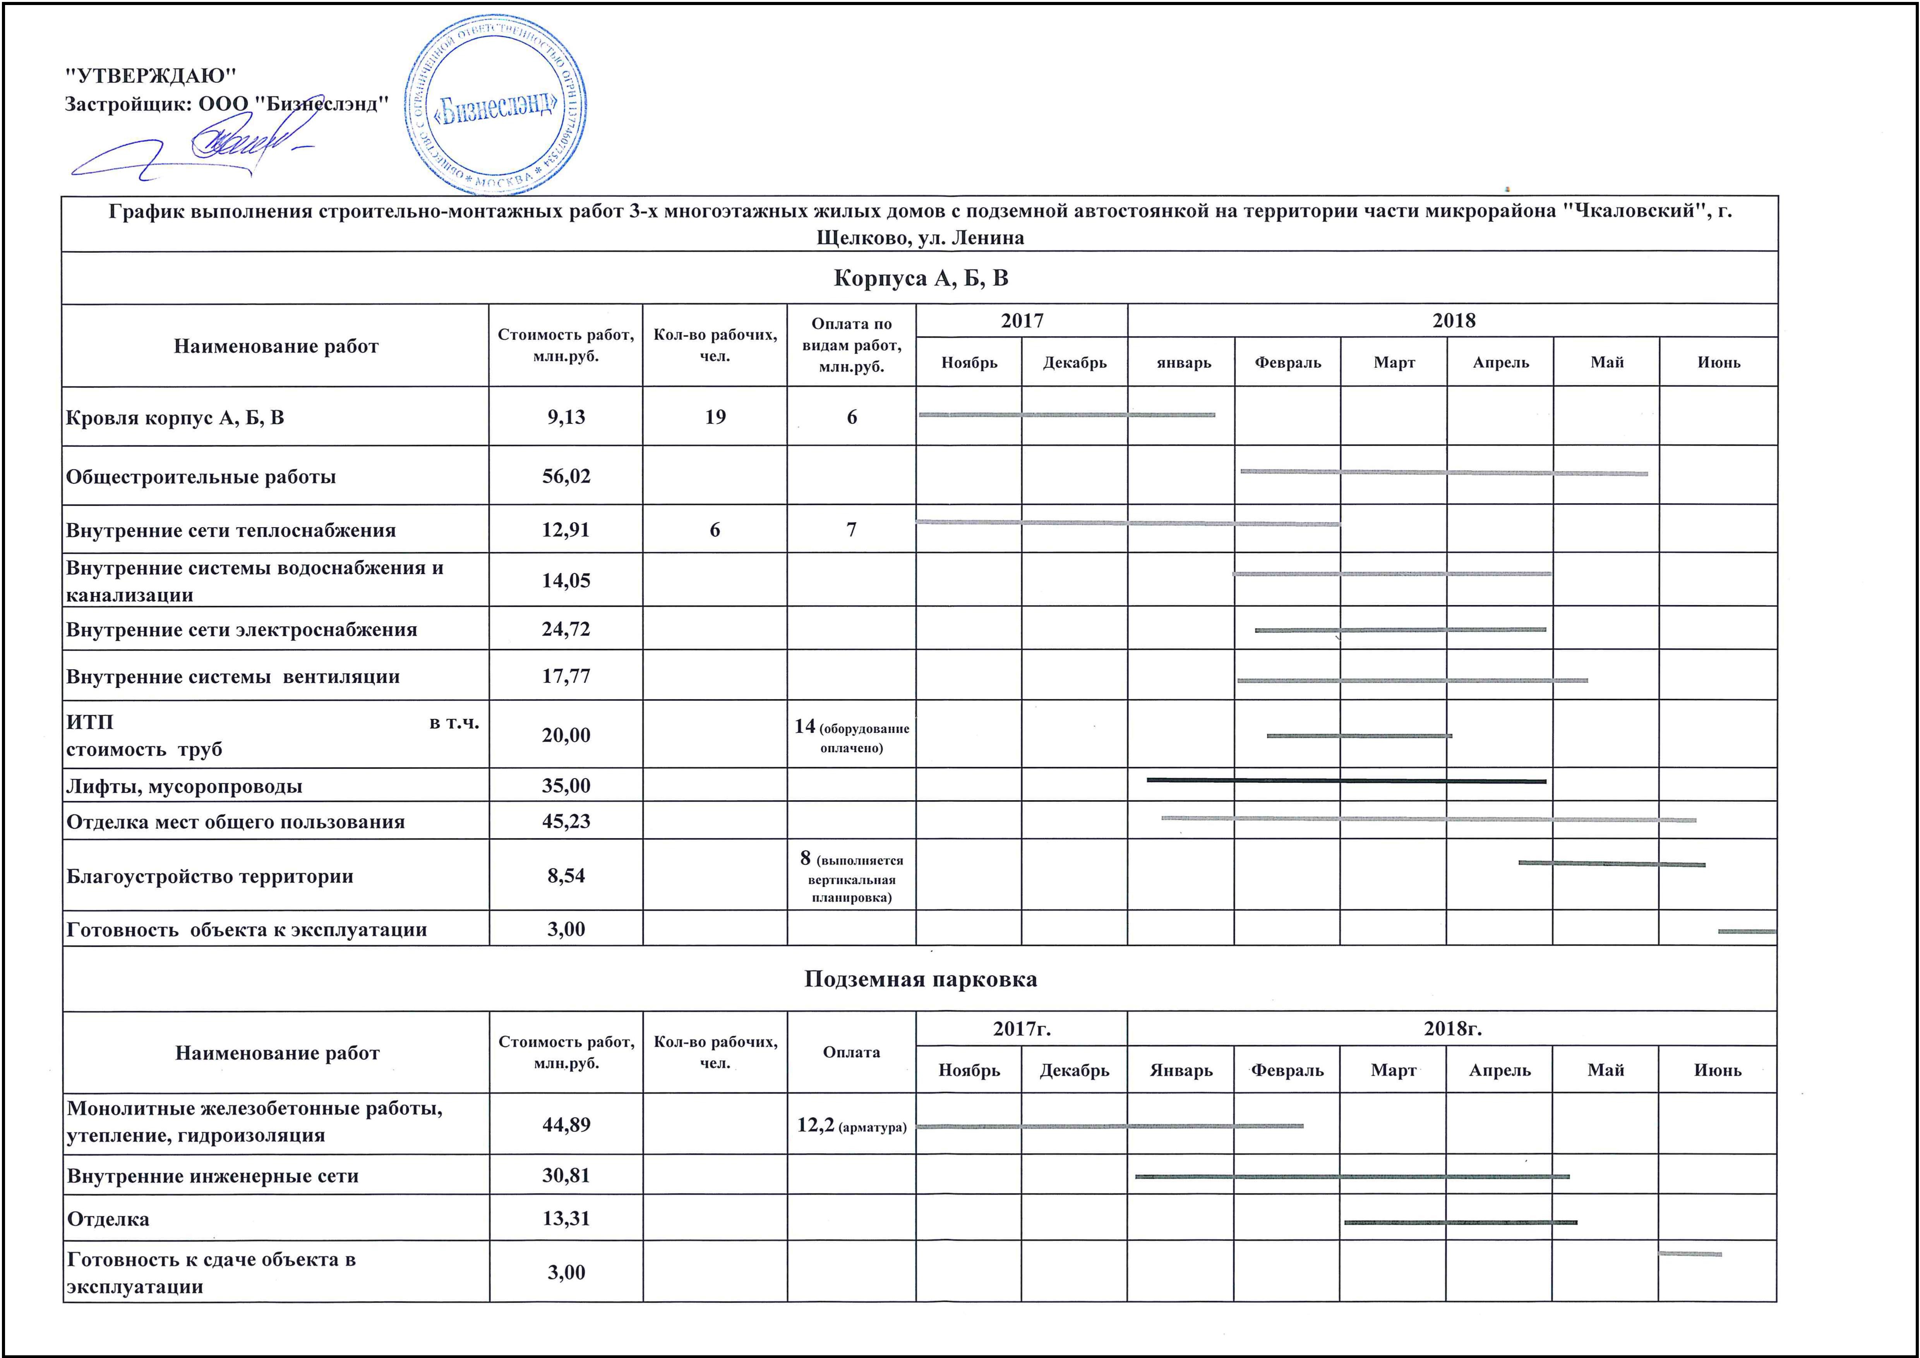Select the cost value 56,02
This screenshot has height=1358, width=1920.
[566, 477]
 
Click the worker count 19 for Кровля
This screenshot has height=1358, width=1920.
[715, 417]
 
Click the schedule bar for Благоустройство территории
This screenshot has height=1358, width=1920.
[1611, 863]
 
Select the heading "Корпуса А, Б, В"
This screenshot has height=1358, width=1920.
[921, 278]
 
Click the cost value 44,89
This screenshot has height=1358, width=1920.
[566, 1125]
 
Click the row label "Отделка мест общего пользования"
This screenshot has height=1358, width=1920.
[236, 822]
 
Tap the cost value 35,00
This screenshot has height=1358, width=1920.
[566, 786]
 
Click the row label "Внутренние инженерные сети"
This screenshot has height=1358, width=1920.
[213, 1176]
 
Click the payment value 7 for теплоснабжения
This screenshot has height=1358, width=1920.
[851, 530]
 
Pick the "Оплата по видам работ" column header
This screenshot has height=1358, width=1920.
[851, 345]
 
